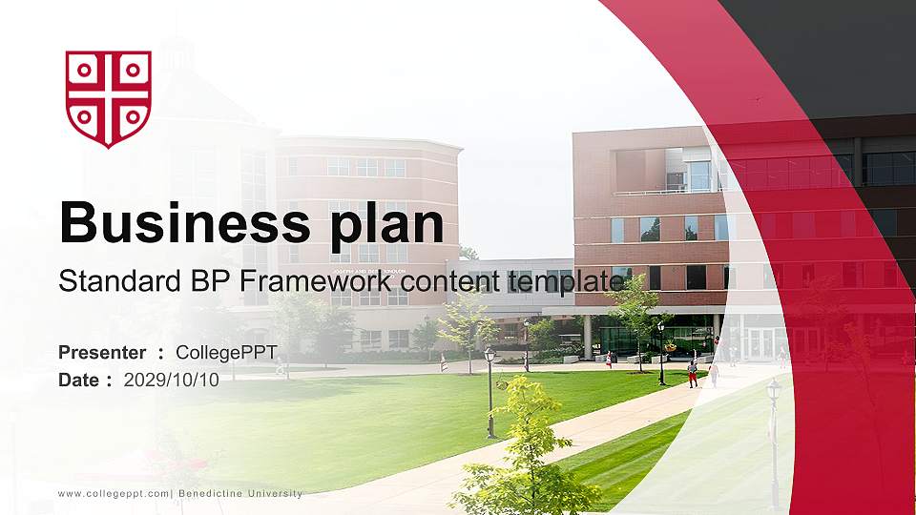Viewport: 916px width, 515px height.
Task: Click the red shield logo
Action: pyautogui.click(x=108, y=97)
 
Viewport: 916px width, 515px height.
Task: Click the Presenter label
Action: pyautogui.click(x=102, y=353)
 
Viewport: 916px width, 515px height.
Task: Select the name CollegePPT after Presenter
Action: pyautogui.click(x=226, y=353)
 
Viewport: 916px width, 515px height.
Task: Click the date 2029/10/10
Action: pyautogui.click(x=172, y=380)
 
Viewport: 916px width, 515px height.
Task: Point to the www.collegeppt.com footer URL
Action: pyautogui.click(x=114, y=494)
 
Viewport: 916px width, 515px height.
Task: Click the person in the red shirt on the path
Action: pyautogui.click(x=692, y=371)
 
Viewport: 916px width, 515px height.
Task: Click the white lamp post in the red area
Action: pyautogui.click(x=774, y=439)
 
